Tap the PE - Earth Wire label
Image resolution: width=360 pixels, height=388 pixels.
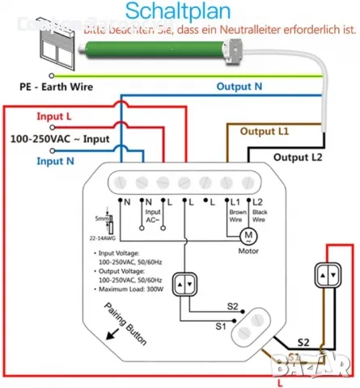pos(54,85)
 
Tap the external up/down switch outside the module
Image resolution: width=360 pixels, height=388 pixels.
pos(326,277)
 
